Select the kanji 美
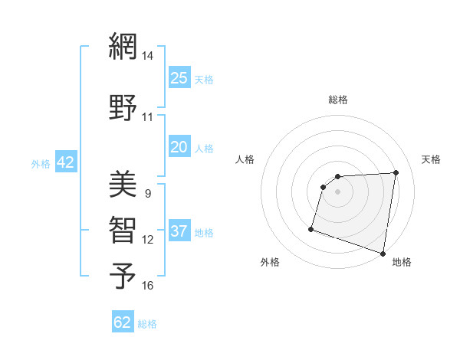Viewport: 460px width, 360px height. (123, 183)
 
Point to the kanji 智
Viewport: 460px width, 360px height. (123, 230)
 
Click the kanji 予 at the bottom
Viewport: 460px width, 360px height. (123, 277)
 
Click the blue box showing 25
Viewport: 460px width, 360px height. (179, 78)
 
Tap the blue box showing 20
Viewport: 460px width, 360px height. (179, 148)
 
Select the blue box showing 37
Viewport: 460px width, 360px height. (179, 232)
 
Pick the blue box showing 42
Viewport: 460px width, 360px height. (65, 162)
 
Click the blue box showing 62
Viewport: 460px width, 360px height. (123, 322)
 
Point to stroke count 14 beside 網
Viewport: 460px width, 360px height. (147, 56)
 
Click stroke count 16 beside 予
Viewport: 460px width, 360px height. (147, 286)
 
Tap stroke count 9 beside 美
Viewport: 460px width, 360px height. (147, 193)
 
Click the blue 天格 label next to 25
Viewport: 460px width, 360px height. (204, 80)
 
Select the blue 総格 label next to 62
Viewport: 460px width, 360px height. (147, 324)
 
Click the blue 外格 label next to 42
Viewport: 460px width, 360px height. (41, 164)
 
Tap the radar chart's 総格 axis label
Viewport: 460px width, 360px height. (338, 100)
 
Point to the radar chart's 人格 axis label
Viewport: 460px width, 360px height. (245, 159)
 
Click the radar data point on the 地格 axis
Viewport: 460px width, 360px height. (383, 253)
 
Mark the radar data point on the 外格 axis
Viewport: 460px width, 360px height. (311, 228)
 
